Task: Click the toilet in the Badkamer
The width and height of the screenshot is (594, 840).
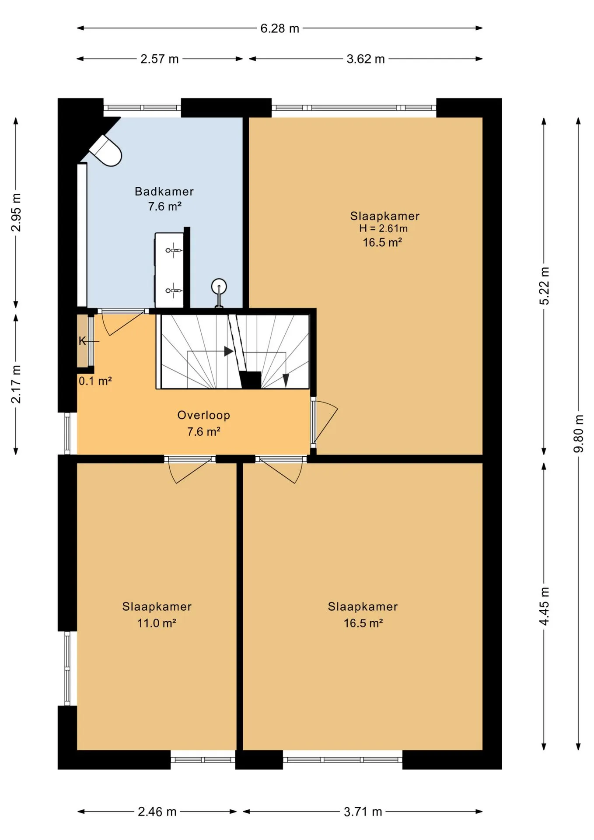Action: coord(106,150)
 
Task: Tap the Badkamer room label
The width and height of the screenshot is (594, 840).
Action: coord(164,191)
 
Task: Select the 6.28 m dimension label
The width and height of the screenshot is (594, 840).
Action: coord(280,28)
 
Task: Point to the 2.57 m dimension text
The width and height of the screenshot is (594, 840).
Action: coord(160,59)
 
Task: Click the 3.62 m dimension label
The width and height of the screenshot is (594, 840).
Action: coord(366,59)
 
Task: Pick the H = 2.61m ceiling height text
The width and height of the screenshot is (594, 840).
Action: coord(384,228)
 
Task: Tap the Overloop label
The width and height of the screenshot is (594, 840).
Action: coord(203,415)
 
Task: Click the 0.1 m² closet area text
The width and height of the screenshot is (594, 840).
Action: coord(95,381)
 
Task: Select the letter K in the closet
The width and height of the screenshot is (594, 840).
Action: coord(82,341)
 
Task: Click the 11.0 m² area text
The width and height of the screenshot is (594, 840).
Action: coord(157,623)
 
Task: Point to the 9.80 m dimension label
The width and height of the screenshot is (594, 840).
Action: coord(579,434)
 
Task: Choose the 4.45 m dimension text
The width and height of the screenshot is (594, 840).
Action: coord(544,606)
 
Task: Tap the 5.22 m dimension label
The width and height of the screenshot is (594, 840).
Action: coord(544,286)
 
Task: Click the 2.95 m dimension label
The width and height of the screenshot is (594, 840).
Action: coord(16,212)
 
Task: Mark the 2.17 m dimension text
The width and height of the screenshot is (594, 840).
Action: coord(16,384)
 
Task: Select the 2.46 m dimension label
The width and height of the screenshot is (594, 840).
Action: coord(157,812)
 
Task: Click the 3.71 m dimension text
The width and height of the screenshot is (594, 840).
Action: coord(363,812)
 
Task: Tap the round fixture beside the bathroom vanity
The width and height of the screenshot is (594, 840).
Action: coord(219,287)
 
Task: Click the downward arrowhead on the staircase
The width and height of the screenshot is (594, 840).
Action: coord(286,380)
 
